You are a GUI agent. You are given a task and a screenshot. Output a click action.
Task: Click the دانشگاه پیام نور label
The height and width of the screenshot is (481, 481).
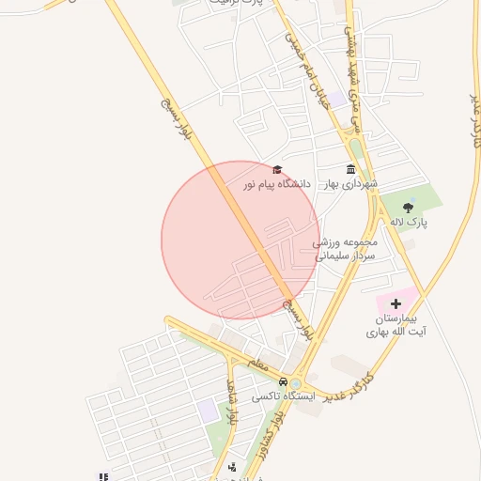coord(277,186)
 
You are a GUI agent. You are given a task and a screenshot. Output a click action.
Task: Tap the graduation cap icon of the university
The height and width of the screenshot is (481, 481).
coord(276,169)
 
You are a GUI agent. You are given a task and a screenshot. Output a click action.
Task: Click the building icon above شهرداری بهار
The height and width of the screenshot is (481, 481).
coord(350,169)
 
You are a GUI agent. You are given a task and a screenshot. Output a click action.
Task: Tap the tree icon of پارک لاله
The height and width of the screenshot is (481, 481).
coord(408,208)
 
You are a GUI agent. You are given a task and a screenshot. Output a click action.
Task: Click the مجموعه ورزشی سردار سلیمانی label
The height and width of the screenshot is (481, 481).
coord(344,249)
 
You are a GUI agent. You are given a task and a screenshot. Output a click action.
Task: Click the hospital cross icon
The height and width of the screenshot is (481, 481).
coord(396,303)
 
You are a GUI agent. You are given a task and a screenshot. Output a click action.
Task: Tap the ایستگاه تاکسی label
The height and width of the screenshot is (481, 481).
coord(283,397)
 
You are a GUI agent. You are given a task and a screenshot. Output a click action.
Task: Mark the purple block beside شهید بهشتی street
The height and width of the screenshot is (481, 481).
coord(335,99)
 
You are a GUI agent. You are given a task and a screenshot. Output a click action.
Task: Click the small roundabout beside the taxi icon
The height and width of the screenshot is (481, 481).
coord(297,383)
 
